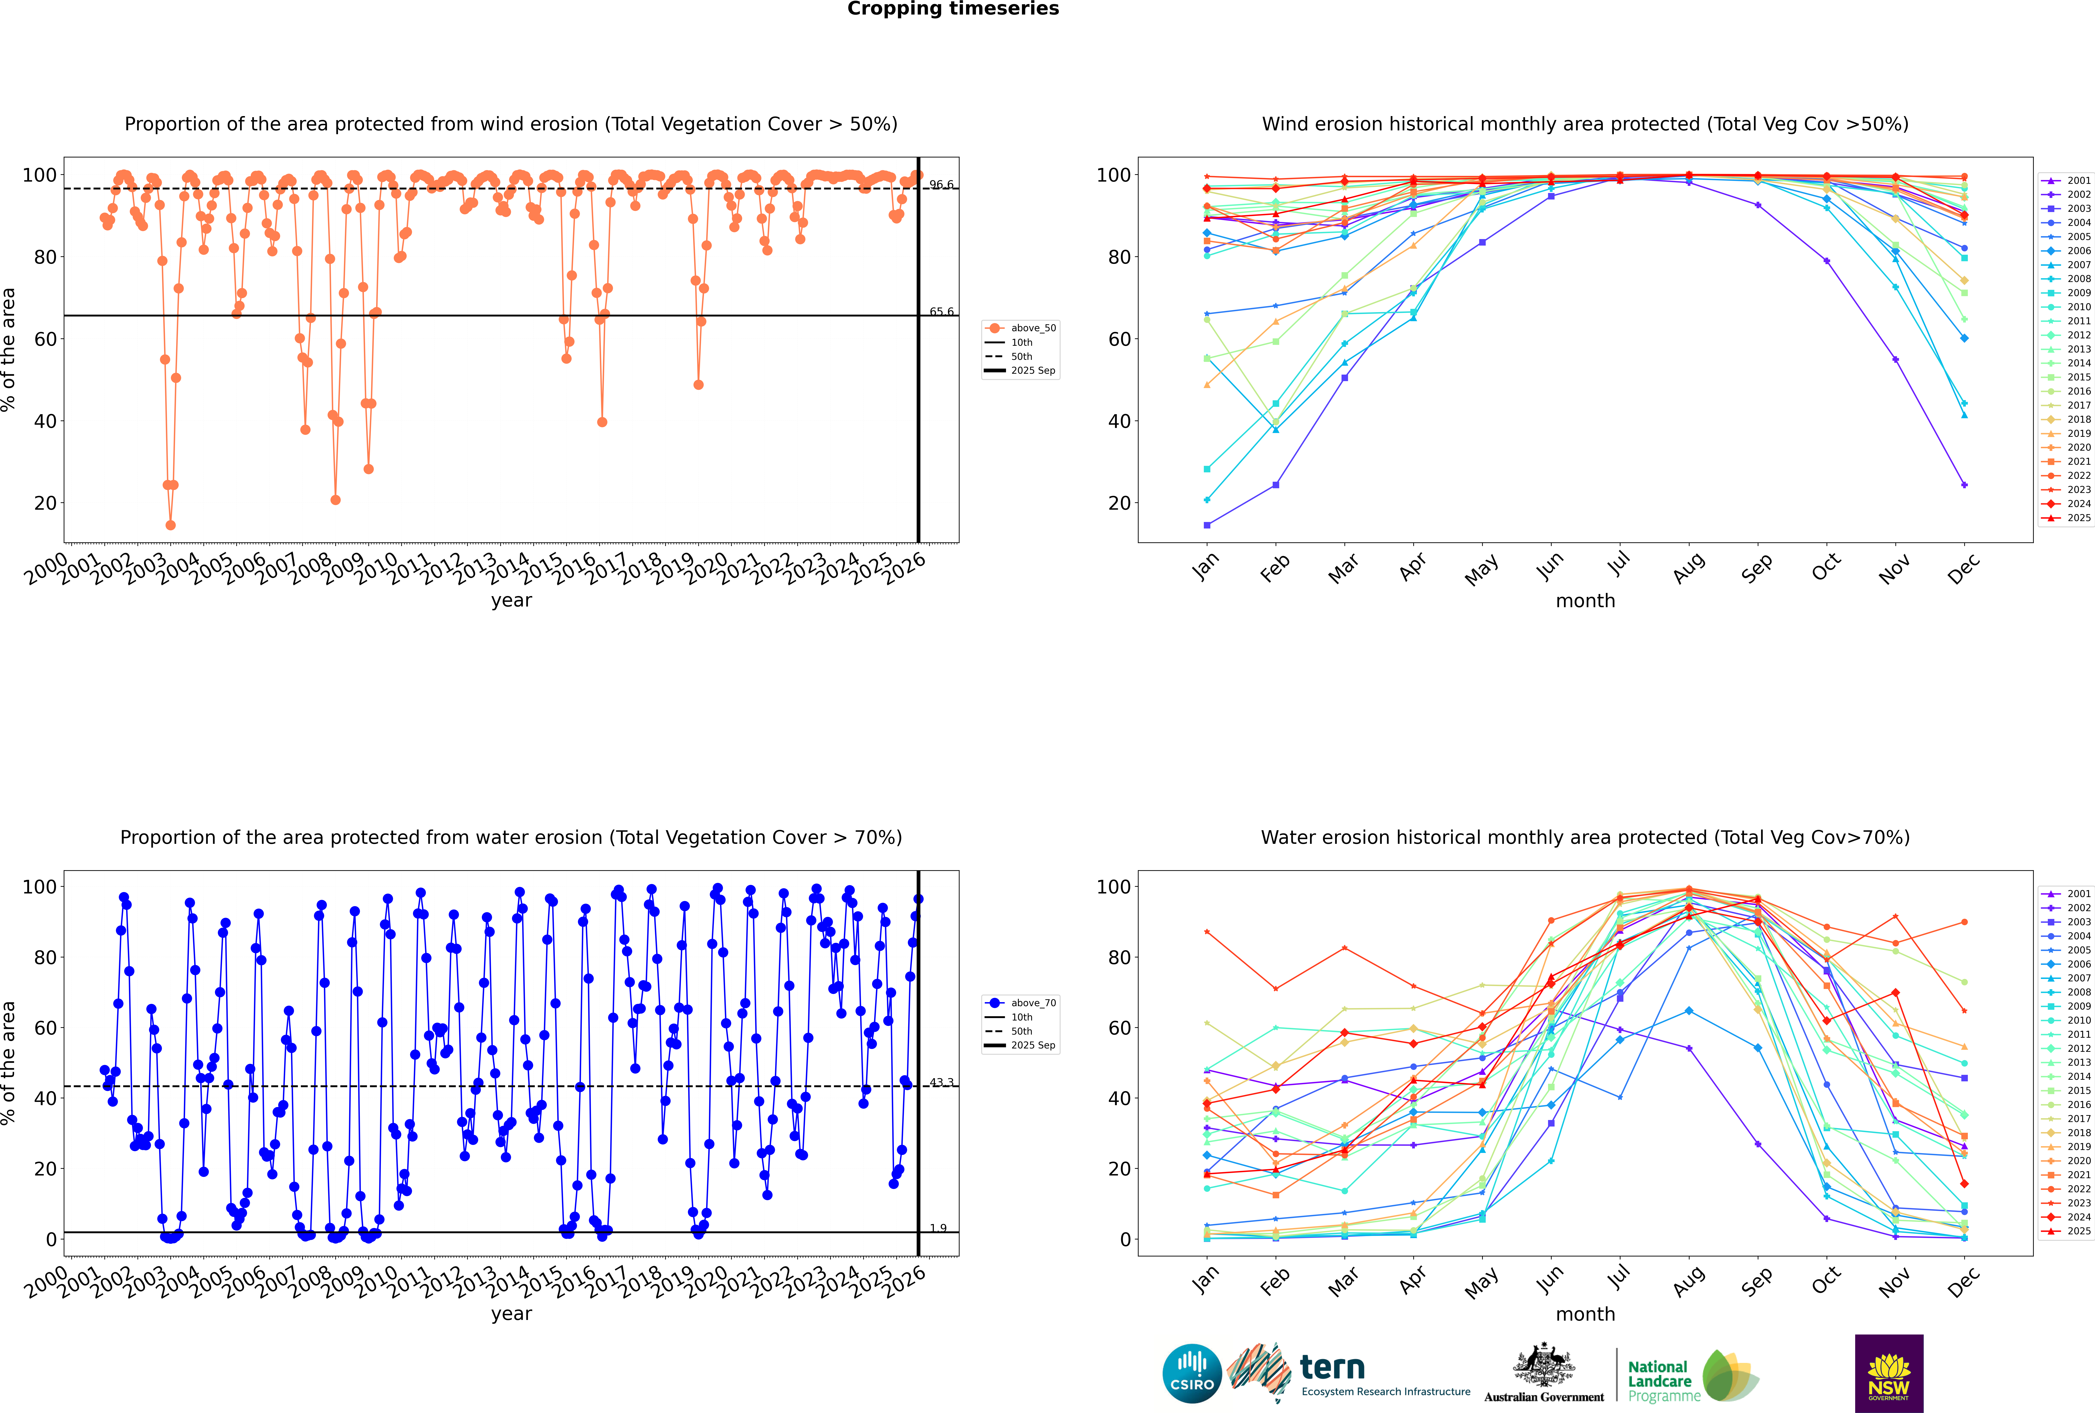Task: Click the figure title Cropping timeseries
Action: tap(953, 9)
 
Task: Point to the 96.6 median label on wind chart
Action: tap(941, 185)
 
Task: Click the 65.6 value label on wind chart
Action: tap(941, 312)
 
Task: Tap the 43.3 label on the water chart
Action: tap(941, 1082)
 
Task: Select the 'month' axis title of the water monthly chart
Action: tap(1585, 1314)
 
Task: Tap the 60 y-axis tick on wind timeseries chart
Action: tap(45, 339)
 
